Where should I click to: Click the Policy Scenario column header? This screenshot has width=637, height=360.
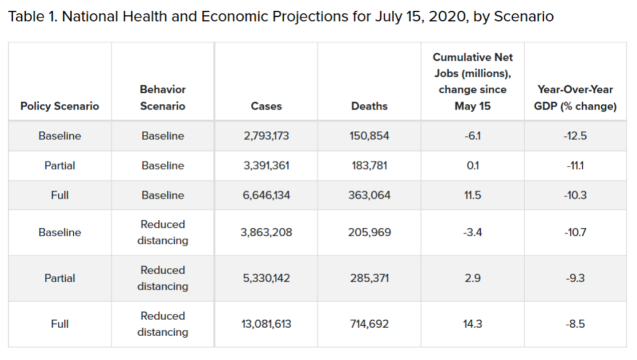click(x=60, y=106)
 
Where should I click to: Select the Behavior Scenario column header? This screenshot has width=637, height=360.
click(x=162, y=98)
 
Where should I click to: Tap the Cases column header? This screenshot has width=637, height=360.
click(x=266, y=106)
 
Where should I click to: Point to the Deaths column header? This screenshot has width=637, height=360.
click(x=370, y=106)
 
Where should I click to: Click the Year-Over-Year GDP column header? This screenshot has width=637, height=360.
click(x=575, y=98)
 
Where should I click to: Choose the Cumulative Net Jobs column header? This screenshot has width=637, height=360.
click(x=473, y=81)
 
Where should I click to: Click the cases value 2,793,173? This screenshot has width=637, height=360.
click(x=266, y=136)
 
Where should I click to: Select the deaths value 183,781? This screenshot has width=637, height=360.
click(x=370, y=165)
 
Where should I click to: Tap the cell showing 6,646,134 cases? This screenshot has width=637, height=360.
click(x=266, y=195)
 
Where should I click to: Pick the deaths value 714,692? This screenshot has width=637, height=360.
click(x=370, y=324)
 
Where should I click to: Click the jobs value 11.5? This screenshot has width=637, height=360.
click(x=473, y=195)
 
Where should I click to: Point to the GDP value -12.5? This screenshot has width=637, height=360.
click(x=575, y=136)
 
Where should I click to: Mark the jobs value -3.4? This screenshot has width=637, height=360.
click(x=473, y=232)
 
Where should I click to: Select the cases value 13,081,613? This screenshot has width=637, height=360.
click(x=266, y=324)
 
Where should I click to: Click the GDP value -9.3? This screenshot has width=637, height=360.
click(x=575, y=278)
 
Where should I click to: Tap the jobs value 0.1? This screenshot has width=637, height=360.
click(x=473, y=165)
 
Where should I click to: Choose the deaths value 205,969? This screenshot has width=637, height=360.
click(x=370, y=232)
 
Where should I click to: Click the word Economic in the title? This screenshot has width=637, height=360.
click(x=234, y=17)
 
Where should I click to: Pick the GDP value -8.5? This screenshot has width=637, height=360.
click(x=575, y=324)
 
